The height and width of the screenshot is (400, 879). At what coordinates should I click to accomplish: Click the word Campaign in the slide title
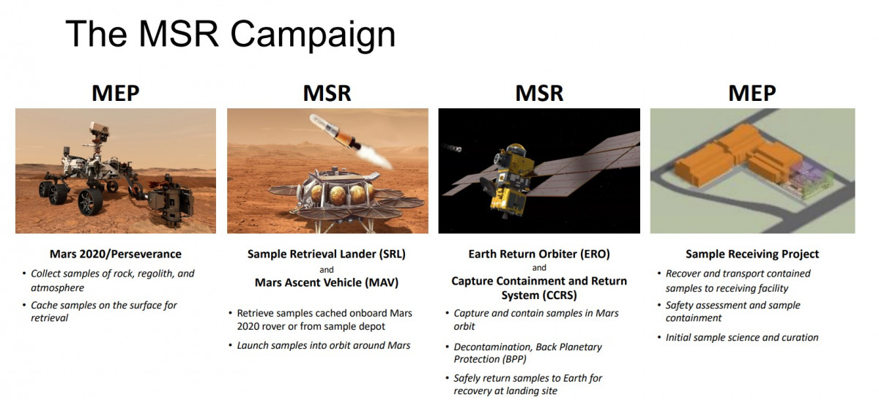[x=313, y=35]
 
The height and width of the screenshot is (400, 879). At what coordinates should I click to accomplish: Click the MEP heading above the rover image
[x=116, y=93]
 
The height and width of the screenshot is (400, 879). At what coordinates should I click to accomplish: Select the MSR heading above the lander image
[x=327, y=93]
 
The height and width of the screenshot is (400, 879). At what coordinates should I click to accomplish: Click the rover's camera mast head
[x=99, y=129]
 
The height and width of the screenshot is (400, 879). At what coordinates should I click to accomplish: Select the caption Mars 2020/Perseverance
[x=116, y=254]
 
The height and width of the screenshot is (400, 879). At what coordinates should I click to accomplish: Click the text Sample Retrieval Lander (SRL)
[x=327, y=254]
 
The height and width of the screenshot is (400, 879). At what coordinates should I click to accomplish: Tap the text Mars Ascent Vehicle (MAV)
[x=327, y=282]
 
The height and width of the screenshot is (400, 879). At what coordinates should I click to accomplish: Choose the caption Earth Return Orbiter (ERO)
[x=539, y=254]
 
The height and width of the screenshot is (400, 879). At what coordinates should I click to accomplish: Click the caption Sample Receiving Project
[x=752, y=254]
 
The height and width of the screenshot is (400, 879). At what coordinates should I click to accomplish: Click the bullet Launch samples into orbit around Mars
[x=323, y=345]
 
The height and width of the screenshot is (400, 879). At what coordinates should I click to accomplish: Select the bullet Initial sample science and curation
[x=742, y=337]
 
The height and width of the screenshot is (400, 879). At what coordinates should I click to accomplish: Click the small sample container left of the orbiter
[x=452, y=148]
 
